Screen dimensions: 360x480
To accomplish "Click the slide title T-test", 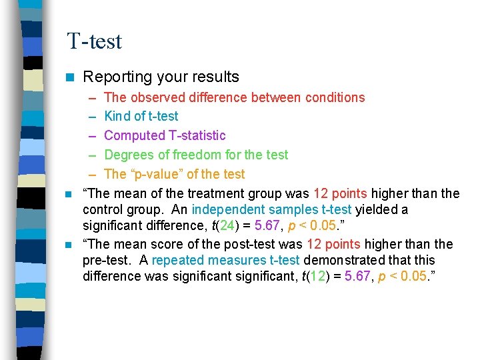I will [94, 41].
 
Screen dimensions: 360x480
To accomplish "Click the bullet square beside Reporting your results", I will [68, 77].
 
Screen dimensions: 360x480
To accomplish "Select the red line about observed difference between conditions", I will [235, 97].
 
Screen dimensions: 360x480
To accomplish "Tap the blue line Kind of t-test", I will [141, 116].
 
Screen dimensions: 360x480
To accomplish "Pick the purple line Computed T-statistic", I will [165, 135].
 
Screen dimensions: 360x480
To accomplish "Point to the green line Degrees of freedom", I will [196, 155].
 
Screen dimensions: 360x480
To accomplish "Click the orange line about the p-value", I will [175, 174].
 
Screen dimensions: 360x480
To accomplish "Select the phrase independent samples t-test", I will [271, 209].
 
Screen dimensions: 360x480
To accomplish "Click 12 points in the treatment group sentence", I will [340, 193].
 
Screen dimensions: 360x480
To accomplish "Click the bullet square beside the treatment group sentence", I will [68, 194].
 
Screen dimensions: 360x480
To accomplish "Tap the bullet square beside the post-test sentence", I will [68, 245].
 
